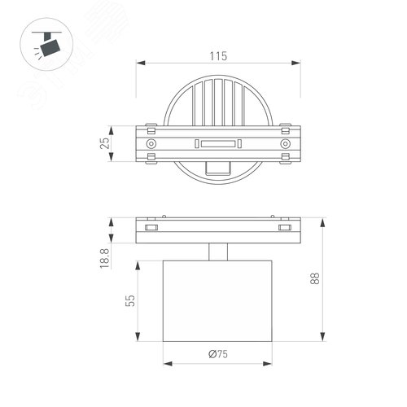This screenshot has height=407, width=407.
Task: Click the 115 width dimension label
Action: coord(215,56)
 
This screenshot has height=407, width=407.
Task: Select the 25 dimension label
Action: coord(103,143)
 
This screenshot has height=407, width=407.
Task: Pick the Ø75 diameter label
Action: coord(217,355)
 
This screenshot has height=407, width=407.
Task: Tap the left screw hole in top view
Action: coord(151,143)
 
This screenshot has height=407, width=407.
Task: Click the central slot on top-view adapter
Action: coord(217,143)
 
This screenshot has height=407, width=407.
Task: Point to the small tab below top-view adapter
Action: coord(217,168)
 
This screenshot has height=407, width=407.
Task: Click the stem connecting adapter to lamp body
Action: coord(217,252)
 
